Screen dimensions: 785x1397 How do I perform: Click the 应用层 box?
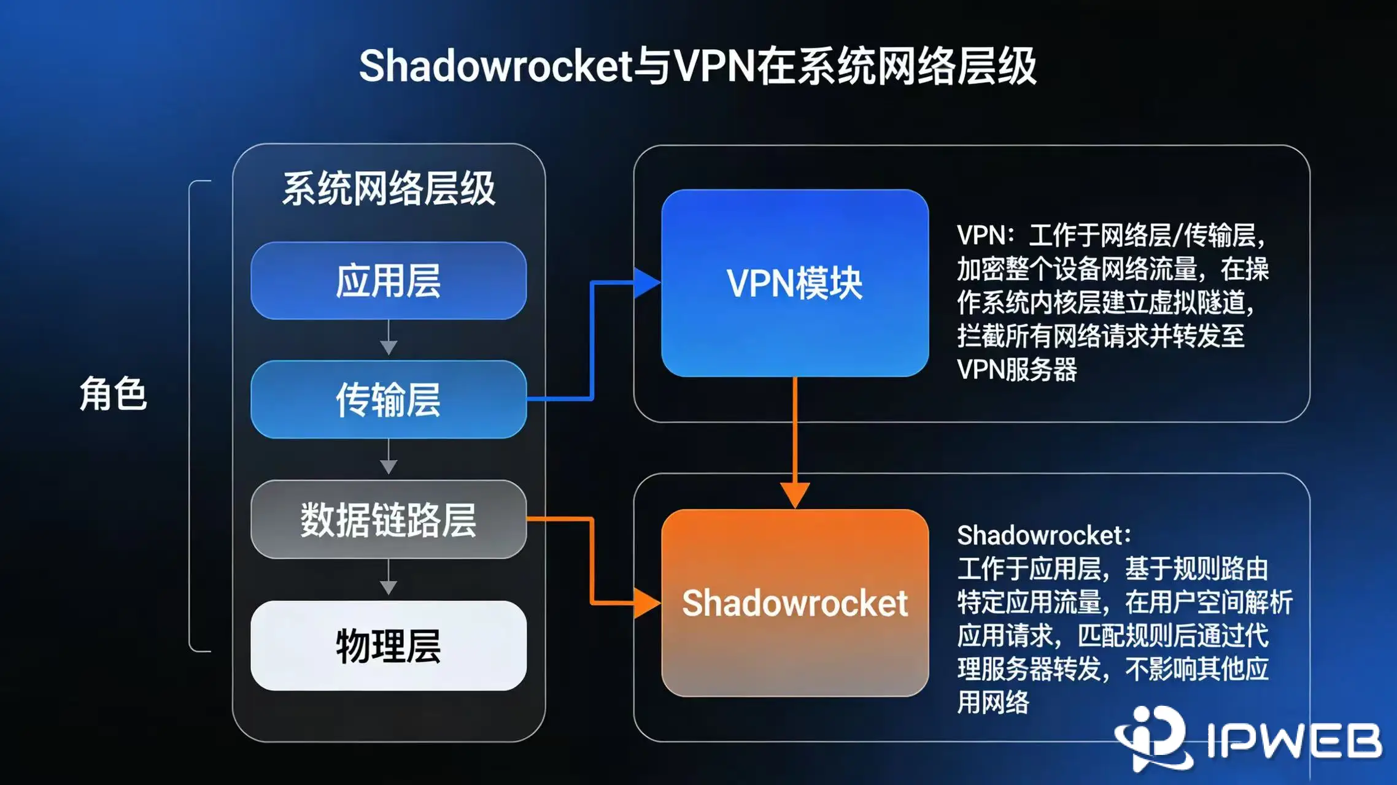coord(389,281)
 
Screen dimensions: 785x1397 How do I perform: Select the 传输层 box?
coord(389,399)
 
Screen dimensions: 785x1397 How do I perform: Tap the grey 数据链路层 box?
coord(389,519)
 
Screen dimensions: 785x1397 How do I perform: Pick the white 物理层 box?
coord(389,646)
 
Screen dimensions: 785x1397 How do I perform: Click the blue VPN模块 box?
coord(795,283)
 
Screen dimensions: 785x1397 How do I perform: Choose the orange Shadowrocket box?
coord(795,603)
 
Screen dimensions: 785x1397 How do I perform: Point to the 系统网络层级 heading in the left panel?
coord(389,188)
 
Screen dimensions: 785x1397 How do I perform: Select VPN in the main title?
coord(714,66)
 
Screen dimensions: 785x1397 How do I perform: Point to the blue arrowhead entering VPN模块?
coord(646,283)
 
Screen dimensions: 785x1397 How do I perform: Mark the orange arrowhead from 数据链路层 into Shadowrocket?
coord(646,603)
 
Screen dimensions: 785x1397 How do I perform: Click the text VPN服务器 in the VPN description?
coord(1016,369)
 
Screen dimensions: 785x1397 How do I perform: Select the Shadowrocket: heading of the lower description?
coord(1043,535)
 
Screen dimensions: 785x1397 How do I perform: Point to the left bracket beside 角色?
coord(192,416)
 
